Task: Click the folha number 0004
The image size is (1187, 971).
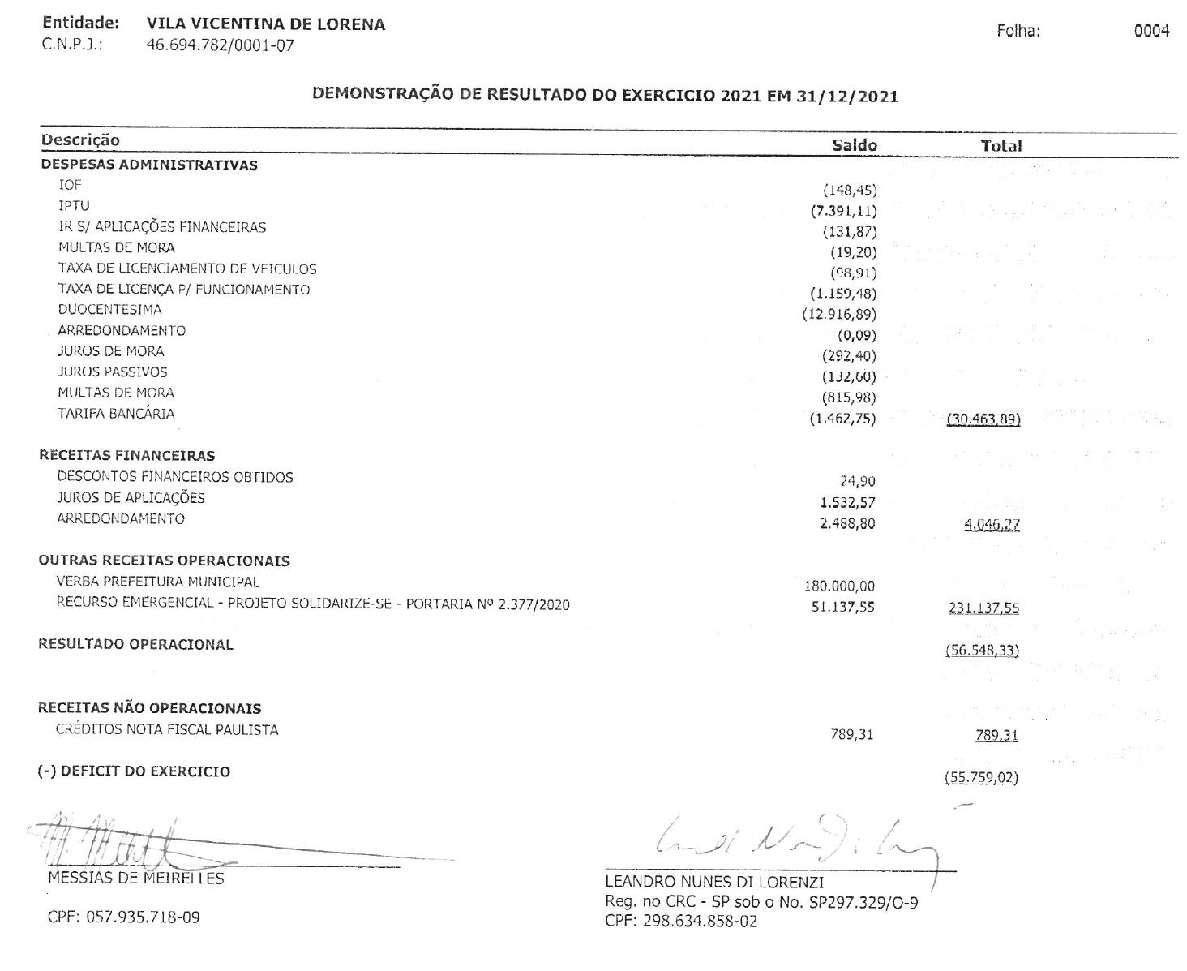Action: (1152, 32)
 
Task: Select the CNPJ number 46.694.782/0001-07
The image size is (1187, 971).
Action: (220, 45)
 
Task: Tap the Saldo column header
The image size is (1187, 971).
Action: (855, 145)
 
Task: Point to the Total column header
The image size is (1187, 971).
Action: (1001, 146)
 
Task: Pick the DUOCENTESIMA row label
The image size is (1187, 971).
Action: (109, 310)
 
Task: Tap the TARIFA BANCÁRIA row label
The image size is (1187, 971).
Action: (116, 414)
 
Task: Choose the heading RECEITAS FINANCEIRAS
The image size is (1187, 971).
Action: (127, 456)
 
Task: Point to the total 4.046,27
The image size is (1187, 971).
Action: (992, 525)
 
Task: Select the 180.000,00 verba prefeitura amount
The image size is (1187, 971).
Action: (839, 586)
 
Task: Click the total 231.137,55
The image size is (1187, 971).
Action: (984, 608)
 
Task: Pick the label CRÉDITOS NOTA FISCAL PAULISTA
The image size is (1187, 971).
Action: (167, 730)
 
